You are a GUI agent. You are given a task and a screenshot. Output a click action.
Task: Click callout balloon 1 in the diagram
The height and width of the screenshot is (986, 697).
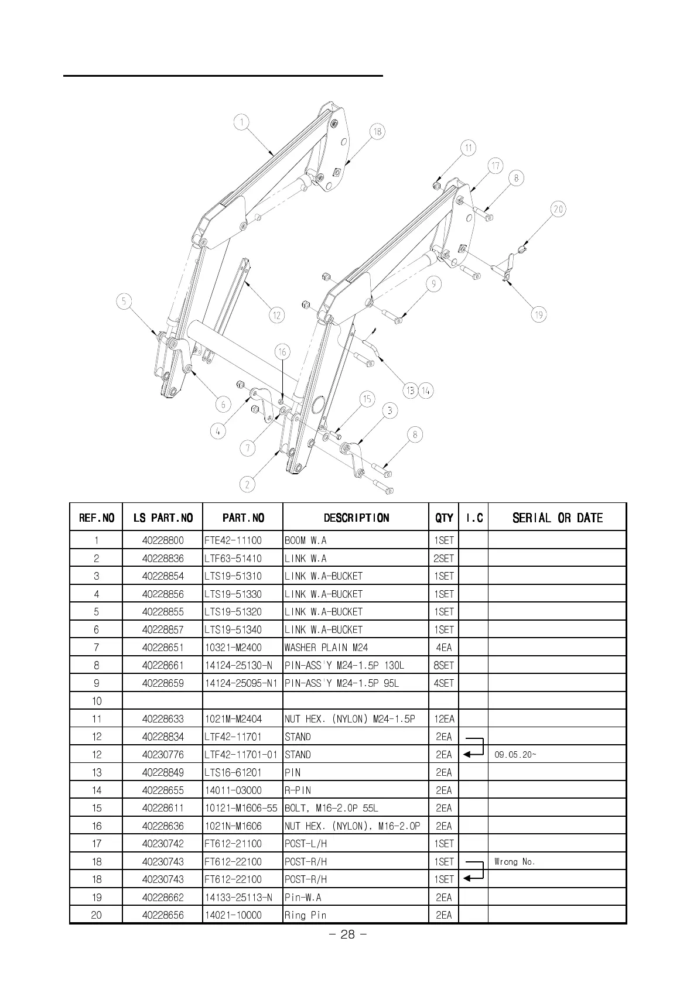[x=241, y=123]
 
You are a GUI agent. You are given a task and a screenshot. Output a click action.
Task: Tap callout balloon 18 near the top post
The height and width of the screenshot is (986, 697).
[x=377, y=131]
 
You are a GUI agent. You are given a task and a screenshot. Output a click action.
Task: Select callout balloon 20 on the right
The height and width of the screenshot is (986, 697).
[x=558, y=209]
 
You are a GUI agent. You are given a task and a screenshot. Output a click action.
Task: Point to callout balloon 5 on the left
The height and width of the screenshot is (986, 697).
[x=124, y=302]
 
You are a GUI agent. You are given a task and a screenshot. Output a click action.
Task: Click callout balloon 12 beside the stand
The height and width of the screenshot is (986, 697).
[x=276, y=315]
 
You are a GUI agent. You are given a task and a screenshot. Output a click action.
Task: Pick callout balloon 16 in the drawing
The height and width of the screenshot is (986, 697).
[x=282, y=351]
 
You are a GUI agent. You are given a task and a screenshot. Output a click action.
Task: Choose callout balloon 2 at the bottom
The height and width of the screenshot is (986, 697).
[x=247, y=484]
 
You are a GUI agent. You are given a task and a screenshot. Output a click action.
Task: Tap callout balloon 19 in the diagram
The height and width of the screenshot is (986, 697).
[x=539, y=314]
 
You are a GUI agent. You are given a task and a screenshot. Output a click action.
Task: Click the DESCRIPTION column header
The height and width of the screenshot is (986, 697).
[x=356, y=518]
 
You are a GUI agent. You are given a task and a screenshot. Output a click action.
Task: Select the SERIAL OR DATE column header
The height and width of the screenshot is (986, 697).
[x=557, y=518]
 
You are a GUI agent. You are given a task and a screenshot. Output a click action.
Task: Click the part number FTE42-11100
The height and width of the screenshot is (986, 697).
[x=233, y=540]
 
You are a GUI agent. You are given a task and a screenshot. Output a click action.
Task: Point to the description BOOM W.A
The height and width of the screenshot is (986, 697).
[x=305, y=540]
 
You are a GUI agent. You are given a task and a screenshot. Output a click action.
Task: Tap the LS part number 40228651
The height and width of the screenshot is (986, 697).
[x=163, y=648]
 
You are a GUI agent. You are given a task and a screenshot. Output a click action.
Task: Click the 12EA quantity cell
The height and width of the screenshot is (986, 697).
[x=444, y=719]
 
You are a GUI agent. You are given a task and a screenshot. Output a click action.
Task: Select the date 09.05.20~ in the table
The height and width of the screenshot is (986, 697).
[x=515, y=755]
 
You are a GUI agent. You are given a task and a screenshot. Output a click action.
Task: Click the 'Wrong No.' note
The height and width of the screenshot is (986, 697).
[x=515, y=861]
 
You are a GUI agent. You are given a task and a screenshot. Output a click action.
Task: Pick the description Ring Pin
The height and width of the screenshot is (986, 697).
[x=305, y=915]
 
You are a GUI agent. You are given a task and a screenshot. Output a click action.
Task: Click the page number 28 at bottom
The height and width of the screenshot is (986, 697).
[x=348, y=934]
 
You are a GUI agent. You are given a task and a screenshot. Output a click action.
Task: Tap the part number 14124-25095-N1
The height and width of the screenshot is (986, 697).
[x=241, y=683]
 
